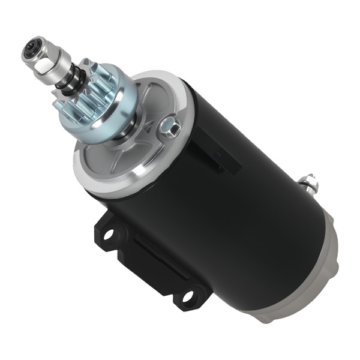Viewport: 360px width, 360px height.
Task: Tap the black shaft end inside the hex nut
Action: [x=31, y=49]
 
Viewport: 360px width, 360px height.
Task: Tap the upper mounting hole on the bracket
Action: [x=108, y=233]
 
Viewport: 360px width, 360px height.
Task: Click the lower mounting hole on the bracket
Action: [x=188, y=295]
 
